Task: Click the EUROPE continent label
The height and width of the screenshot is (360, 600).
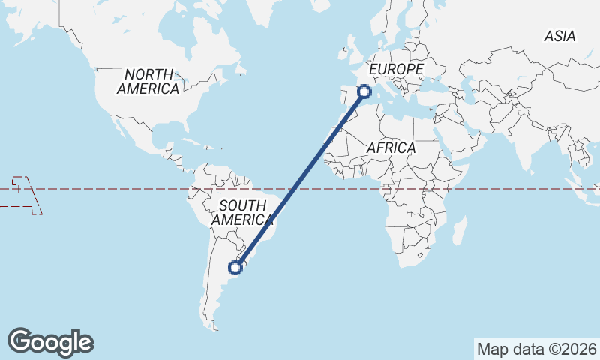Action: coord(396,69)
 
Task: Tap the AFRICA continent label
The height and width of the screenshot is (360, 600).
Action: coord(391,148)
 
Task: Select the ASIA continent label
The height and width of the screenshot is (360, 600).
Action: coord(559,36)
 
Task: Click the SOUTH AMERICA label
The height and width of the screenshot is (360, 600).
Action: coord(241,213)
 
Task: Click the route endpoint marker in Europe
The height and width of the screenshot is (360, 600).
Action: coord(365,91)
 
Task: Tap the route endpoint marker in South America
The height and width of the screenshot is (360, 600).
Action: coord(235,267)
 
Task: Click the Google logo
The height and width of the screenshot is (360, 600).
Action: coord(50,342)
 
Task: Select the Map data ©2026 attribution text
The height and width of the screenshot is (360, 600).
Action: coord(536,349)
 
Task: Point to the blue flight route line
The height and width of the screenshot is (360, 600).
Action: coord(300,180)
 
